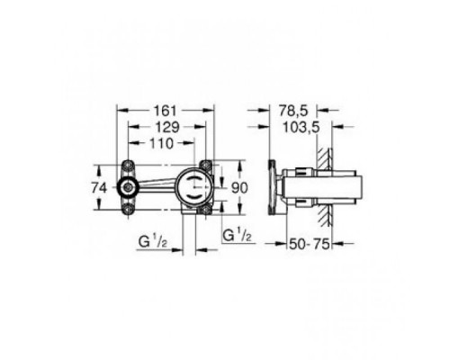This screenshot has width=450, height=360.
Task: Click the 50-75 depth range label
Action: click(x=315, y=243)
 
